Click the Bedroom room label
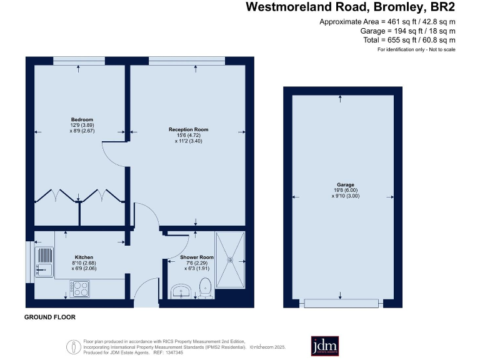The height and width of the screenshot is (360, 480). pos(82,119)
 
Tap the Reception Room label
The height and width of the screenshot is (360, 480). pos(188,129)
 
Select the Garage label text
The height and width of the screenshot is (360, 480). pos(346,185)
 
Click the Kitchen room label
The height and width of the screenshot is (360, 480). pos(84,257)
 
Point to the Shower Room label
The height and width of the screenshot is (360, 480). pos(197,257)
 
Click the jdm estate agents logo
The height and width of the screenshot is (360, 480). pos(324,346)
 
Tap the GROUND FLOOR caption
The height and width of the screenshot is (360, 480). pos(50,317)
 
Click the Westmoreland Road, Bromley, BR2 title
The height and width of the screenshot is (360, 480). pos(350,7)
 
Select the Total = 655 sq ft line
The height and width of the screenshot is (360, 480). pos(409,39)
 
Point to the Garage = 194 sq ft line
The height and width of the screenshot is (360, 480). pos(407,31)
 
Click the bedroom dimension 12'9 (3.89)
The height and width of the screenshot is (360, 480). pos(82,126)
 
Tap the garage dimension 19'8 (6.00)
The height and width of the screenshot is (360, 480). pos(346,191)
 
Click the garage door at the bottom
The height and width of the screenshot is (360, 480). pos(340,303)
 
